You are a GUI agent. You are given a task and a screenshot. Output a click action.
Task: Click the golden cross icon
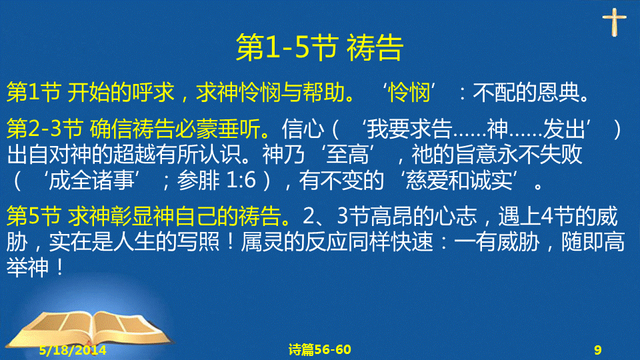(x=614, y=22)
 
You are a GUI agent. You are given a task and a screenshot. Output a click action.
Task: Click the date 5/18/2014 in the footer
(x=73, y=350)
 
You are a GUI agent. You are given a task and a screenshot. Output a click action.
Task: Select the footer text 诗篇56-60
(x=319, y=349)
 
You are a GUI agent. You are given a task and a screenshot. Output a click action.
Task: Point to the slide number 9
(x=598, y=350)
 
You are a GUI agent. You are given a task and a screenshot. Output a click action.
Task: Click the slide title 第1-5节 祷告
(x=319, y=48)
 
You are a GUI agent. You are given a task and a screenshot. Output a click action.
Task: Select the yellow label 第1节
(x=34, y=92)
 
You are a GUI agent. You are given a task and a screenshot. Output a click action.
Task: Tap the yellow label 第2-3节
(x=45, y=129)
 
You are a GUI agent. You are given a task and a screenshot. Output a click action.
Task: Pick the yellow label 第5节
(x=34, y=216)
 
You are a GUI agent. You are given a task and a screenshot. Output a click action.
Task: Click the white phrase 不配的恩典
(x=526, y=92)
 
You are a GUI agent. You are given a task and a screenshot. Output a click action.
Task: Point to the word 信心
(x=303, y=129)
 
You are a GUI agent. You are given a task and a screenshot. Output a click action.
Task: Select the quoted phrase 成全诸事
(x=91, y=181)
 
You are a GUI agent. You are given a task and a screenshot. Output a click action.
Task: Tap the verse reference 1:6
(x=241, y=181)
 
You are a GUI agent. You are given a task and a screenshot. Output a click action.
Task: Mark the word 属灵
(x=262, y=241)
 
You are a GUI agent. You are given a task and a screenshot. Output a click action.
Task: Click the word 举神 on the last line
(x=28, y=267)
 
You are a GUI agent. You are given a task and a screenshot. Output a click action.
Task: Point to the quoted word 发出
(x=565, y=129)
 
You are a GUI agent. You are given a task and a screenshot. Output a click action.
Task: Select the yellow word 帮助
(x=324, y=92)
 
